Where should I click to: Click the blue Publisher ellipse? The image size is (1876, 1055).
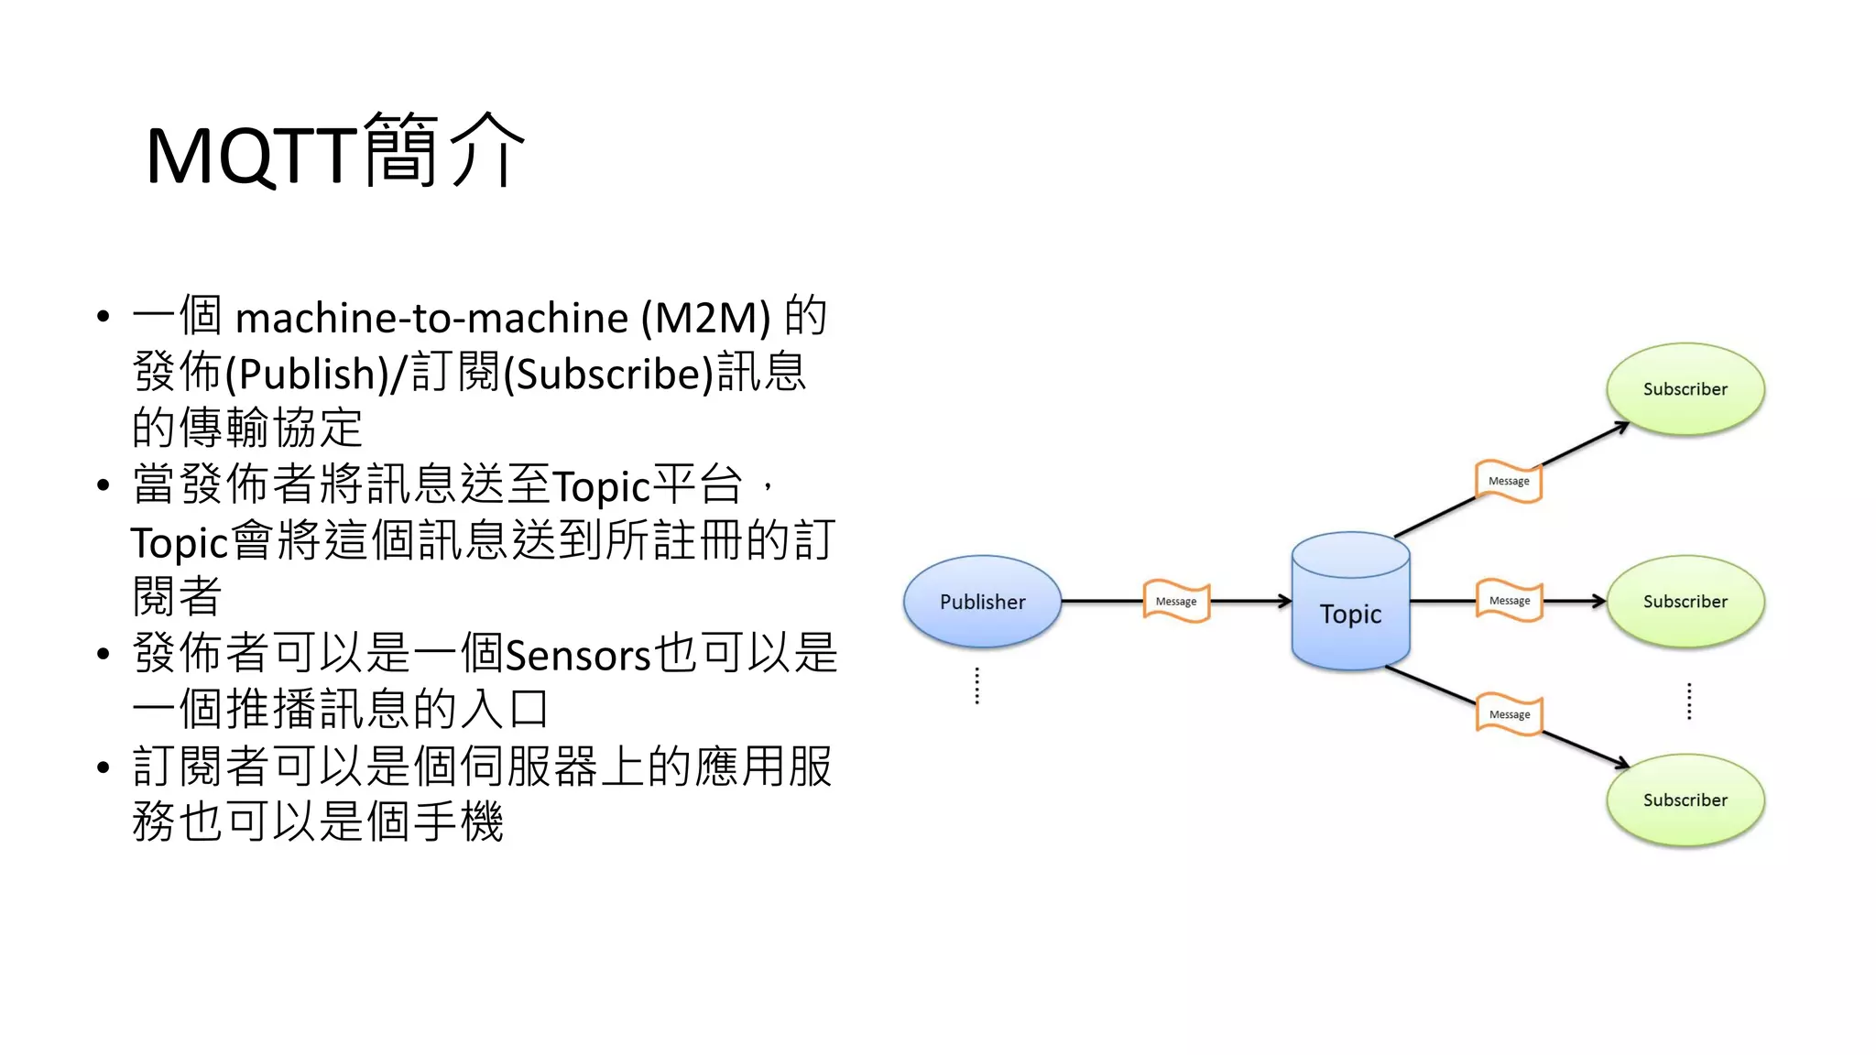982,602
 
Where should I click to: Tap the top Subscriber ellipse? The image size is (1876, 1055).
1685,389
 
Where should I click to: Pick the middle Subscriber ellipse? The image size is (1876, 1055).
1685,602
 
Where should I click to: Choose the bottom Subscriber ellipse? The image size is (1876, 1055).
1685,799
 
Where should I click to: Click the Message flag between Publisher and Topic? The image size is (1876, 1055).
1176,602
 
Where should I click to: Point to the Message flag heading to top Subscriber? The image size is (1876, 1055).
1509,481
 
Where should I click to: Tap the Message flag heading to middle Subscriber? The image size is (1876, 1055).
1510,601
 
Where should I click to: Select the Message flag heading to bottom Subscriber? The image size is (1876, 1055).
1510,714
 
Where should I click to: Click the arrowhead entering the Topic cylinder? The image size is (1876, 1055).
1285,602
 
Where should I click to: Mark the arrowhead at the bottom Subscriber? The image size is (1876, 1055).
1623,764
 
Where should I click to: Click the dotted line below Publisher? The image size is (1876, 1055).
977,686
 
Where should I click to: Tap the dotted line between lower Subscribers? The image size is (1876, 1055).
1689,702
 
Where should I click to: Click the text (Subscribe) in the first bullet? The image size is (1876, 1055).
608,374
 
